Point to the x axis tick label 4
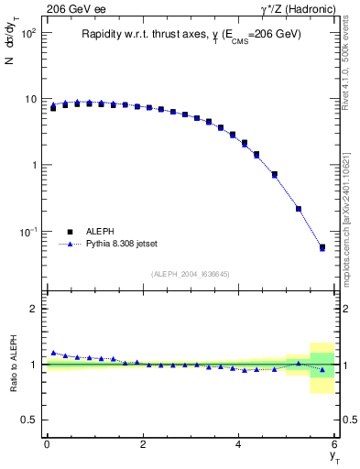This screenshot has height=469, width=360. tap(239, 443)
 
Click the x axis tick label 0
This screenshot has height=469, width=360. tap(47, 443)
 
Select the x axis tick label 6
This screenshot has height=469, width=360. tap(335, 443)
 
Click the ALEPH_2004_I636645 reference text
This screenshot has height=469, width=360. tap(190, 274)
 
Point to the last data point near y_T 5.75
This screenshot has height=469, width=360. tap(322, 247)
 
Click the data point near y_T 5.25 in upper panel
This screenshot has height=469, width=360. tap(299, 208)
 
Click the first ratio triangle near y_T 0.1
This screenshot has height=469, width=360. tap(53, 353)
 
